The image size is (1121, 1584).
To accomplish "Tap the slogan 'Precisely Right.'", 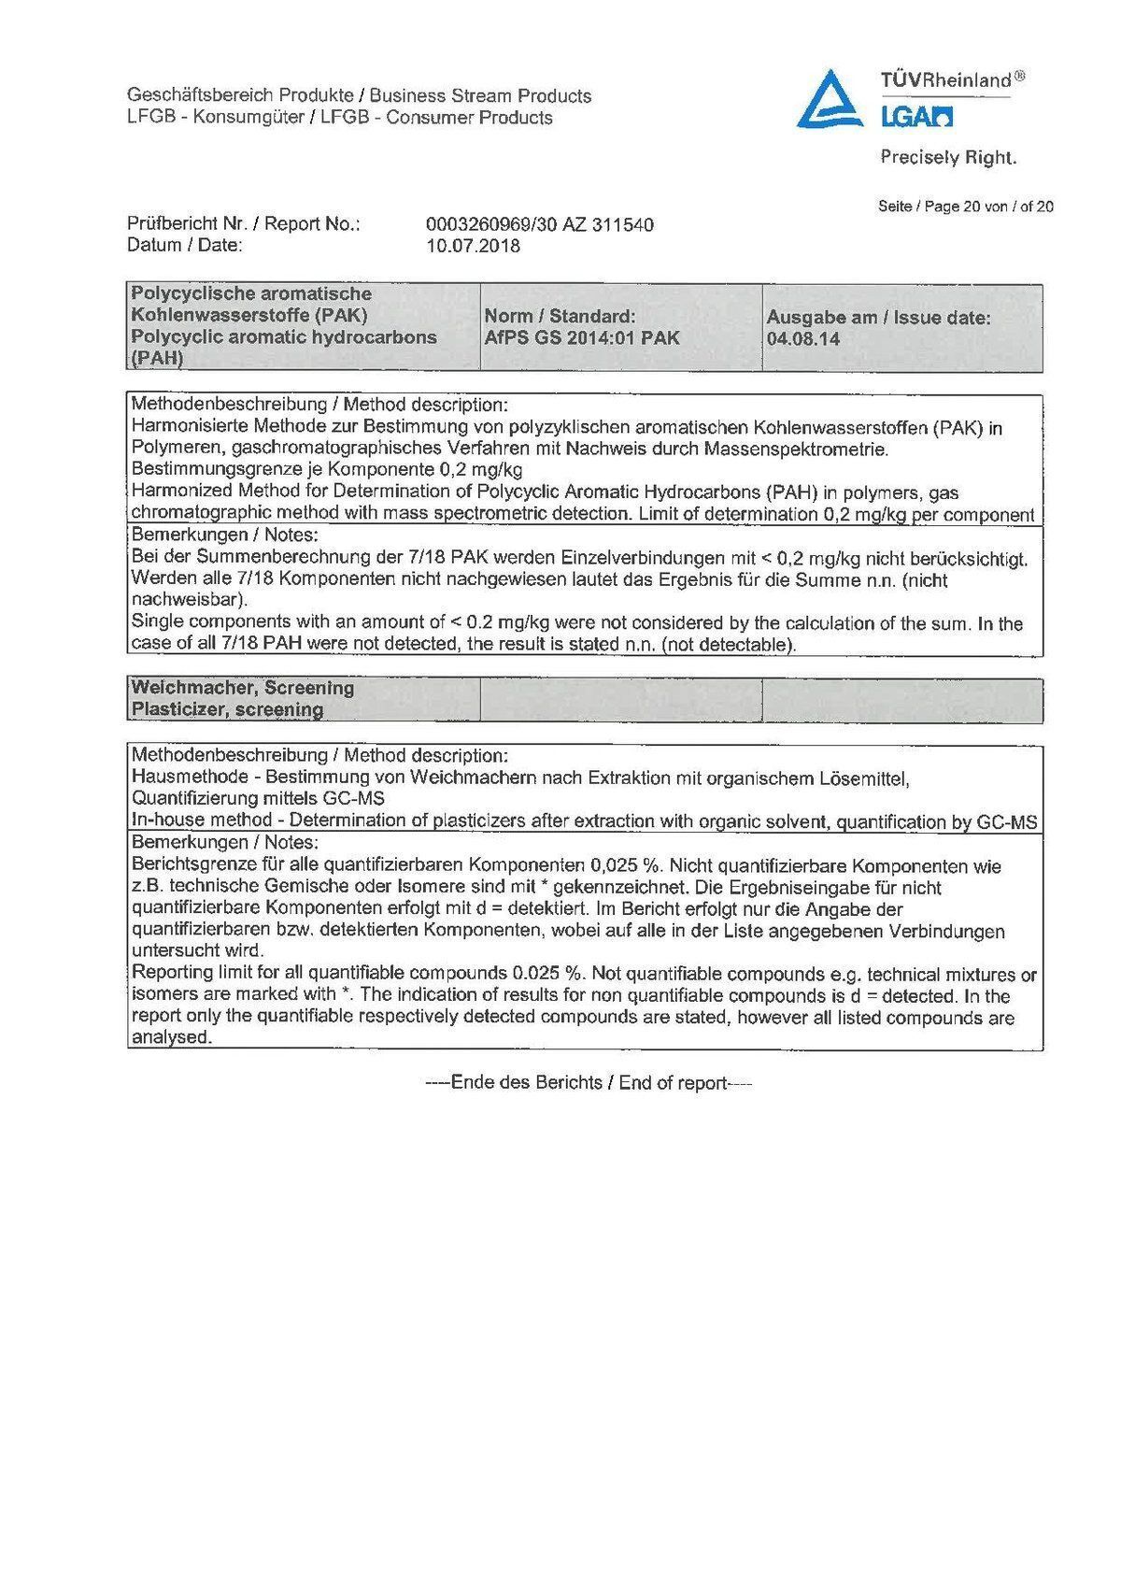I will click(x=947, y=158).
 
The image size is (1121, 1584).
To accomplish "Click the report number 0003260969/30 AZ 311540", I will click(x=539, y=224).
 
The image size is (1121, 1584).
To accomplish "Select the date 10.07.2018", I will click(x=473, y=247).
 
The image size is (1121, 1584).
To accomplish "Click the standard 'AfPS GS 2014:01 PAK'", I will click(x=582, y=338).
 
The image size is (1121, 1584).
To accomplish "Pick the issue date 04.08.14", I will click(x=790, y=339).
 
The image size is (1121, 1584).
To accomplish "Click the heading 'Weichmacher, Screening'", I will click(x=243, y=688).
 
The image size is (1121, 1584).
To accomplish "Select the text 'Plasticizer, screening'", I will click(x=227, y=710).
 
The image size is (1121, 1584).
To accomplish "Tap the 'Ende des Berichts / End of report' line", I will click(x=589, y=1083).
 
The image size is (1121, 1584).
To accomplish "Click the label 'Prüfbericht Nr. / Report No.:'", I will click(x=243, y=224).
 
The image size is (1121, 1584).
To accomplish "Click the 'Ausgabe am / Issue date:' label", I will click(x=878, y=318).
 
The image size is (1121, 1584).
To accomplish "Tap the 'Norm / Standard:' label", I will click(x=560, y=317).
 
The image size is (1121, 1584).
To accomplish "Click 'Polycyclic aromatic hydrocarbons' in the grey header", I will click(x=284, y=336).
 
